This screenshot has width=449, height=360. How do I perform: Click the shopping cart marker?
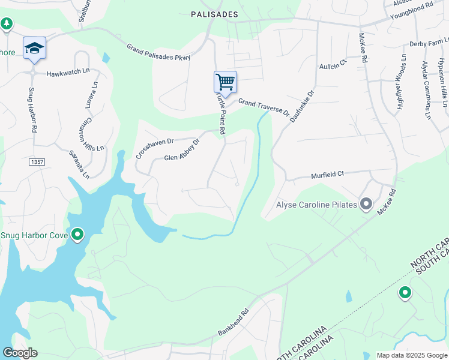(225, 82)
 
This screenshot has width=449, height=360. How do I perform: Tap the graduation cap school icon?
(35, 48)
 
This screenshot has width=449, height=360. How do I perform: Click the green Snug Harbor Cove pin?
(77, 235)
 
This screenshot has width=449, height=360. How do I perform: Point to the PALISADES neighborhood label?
(214, 14)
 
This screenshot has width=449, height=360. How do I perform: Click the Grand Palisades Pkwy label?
(158, 52)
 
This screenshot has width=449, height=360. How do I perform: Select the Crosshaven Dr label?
(154, 148)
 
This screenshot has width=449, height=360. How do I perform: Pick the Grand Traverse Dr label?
(264, 107)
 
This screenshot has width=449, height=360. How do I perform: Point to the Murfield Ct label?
(327, 175)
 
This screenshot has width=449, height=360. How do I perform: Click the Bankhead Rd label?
(234, 322)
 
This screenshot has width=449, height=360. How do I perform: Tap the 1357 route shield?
(37, 162)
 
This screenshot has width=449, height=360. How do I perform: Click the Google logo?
(20, 353)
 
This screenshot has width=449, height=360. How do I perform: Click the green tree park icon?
(7, 24)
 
